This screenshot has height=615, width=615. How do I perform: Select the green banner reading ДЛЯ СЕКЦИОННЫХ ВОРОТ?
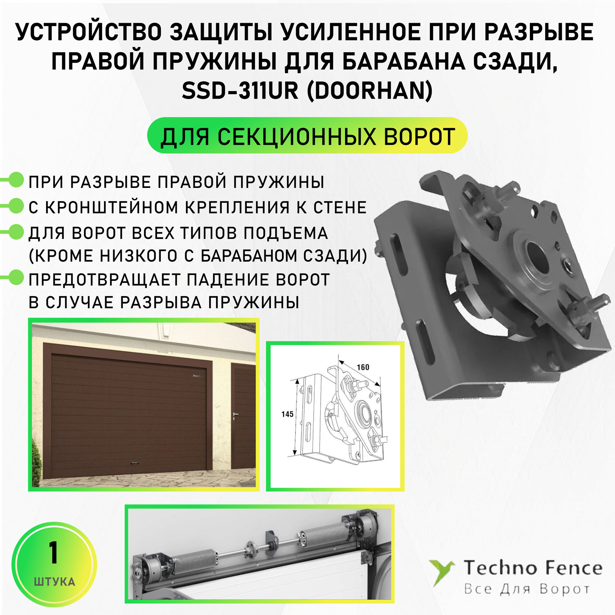(x=307, y=136)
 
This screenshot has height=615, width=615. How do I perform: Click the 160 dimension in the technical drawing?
(x=363, y=367)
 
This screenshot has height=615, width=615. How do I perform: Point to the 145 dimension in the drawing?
(x=287, y=414)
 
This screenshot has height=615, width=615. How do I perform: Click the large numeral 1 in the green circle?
(x=54, y=553)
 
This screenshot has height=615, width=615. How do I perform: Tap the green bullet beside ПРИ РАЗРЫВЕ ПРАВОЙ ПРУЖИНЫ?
(x=16, y=180)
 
